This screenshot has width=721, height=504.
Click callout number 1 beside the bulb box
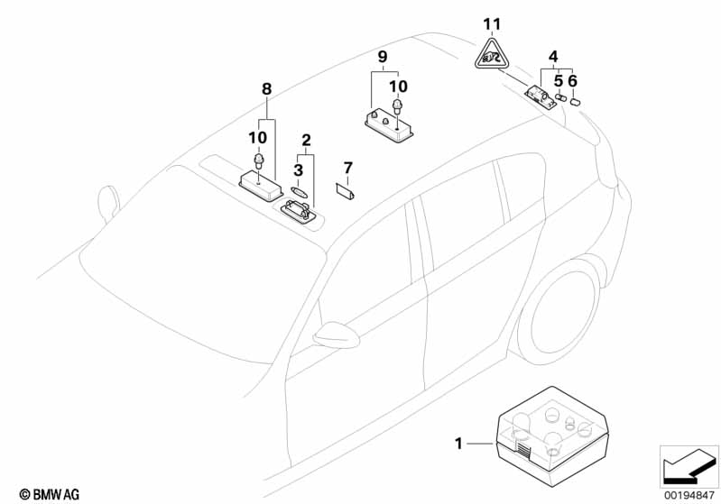(x=459, y=444)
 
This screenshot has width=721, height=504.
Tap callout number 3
(x=298, y=170)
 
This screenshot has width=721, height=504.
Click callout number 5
(x=559, y=80)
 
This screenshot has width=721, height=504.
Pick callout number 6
(x=573, y=80)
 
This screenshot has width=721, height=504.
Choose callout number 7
(x=347, y=168)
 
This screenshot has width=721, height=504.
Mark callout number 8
(x=266, y=88)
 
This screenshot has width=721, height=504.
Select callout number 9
(x=383, y=58)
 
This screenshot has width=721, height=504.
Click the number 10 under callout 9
(x=398, y=86)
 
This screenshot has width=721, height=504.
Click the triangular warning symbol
(x=490, y=57)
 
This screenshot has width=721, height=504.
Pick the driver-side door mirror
(x=336, y=334)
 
